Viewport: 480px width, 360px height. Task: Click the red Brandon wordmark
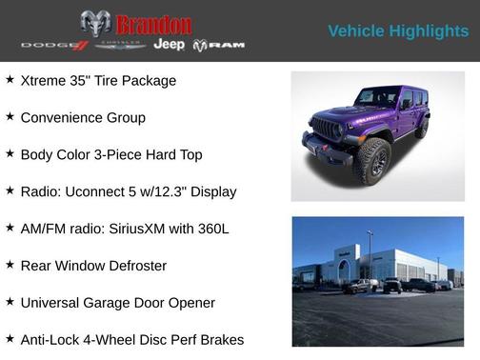click(x=153, y=24)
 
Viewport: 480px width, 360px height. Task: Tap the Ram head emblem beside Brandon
click(x=95, y=24)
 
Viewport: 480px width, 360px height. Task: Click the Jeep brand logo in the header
click(x=169, y=45)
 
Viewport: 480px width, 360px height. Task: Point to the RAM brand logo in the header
click(x=219, y=46)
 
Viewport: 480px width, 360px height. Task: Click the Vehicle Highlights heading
click(x=398, y=31)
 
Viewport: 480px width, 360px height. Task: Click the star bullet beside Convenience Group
click(x=10, y=116)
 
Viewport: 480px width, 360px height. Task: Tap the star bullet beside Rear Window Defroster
click(x=10, y=265)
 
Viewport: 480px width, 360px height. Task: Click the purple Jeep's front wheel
click(x=371, y=161)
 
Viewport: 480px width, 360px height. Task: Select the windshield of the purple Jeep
click(x=376, y=97)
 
